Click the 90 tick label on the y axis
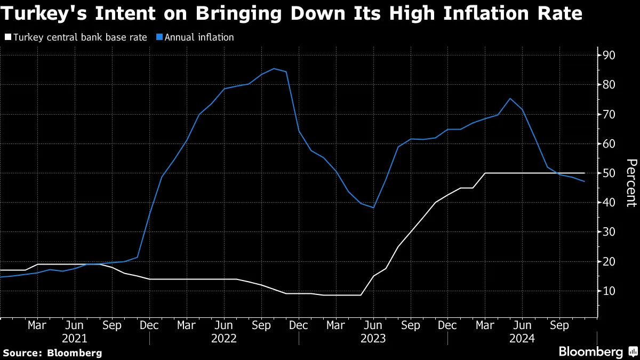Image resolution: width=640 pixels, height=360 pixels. (x=609, y=56)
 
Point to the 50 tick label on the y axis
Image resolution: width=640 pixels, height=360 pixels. (x=609, y=174)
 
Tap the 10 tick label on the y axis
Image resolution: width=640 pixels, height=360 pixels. (x=609, y=291)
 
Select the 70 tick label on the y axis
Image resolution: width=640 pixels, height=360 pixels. (x=609, y=115)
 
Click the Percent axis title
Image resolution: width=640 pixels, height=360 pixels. (x=630, y=183)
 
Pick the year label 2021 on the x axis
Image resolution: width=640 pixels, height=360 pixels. (x=75, y=338)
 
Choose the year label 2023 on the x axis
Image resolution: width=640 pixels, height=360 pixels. (x=373, y=338)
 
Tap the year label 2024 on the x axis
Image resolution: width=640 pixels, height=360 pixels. (x=522, y=338)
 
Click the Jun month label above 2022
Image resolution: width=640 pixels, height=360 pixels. (x=224, y=325)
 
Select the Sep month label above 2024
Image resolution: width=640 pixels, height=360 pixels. (x=559, y=325)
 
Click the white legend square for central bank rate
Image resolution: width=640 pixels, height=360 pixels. (x=7, y=37)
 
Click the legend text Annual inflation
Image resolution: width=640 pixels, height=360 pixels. (x=199, y=37)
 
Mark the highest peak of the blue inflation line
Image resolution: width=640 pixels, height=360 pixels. (x=274, y=68)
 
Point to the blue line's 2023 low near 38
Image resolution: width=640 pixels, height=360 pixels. (x=373, y=207)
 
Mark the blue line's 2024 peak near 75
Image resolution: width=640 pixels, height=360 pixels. (x=510, y=98)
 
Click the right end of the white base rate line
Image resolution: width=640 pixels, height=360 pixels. (x=585, y=173)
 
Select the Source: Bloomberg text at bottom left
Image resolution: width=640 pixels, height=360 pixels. (x=52, y=353)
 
